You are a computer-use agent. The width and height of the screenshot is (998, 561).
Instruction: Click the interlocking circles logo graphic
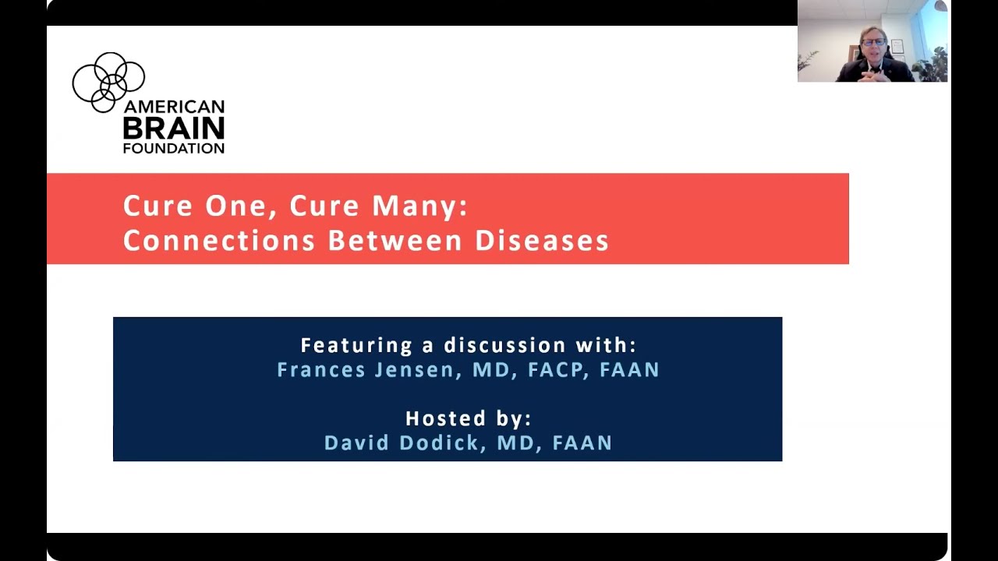tap(108, 82)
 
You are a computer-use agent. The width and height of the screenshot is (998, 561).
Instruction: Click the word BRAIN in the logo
tap(173, 129)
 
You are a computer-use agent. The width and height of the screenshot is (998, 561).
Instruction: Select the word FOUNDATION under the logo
tap(173, 148)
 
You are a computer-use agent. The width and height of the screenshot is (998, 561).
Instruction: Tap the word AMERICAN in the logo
tap(173, 108)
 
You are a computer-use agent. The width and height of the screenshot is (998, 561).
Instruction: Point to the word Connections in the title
tap(218, 241)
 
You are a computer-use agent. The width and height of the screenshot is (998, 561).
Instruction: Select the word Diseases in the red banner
tap(542, 241)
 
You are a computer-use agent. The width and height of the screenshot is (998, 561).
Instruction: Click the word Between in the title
tap(396, 241)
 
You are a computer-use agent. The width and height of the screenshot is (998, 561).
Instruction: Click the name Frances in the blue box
tap(321, 369)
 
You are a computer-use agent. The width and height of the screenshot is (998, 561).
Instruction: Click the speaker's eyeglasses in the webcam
tap(872, 42)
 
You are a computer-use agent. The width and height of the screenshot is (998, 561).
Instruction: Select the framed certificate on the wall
tap(897, 47)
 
